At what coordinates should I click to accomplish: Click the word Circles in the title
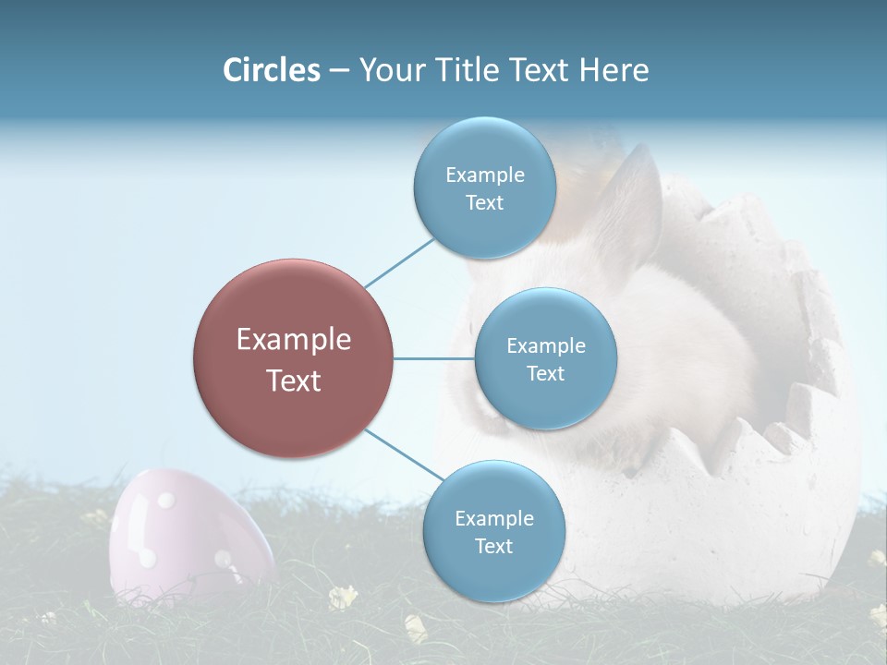coord(271,70)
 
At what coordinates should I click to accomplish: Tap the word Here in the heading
coord(614,70)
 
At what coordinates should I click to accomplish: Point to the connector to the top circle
coord(399,261)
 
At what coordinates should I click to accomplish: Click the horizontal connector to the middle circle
coord(434,358)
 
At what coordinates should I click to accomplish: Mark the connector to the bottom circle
coord(403,455)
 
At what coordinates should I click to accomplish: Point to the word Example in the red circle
coord(293,340)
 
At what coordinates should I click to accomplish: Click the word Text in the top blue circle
coord(484,203)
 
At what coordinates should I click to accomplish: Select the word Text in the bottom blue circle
coord(493,547)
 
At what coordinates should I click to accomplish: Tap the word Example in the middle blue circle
coord(545,346)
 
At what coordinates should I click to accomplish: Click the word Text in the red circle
coord(293,381)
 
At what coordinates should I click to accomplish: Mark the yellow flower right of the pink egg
coord(343,598)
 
